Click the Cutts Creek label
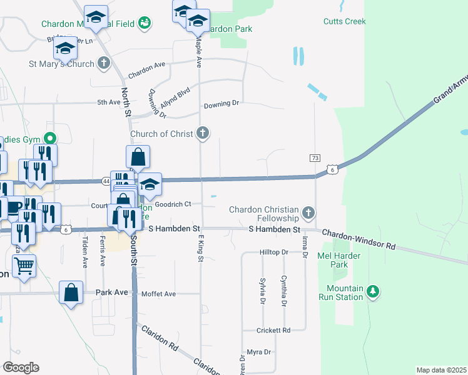pos(344,21)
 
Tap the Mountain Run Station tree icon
pos(374,291)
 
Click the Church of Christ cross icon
pos(202,132)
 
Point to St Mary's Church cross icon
pos(104,63)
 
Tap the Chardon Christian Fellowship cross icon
pos(308,214)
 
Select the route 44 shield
pos(106,181)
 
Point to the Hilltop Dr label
pos(273,252)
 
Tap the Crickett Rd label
pos(273,330)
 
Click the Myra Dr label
pos(258,352)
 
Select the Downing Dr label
pos(221,103)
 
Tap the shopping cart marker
pos(24,266)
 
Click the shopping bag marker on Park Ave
pos(71,292)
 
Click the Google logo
pos(21,367)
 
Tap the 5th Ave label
pos(108,102)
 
